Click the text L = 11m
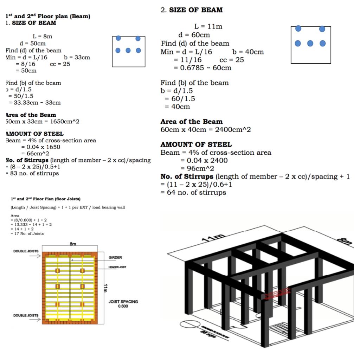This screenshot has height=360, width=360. (208, 26)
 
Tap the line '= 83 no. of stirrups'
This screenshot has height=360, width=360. (32, 173)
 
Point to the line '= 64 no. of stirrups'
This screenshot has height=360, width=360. (193, 192)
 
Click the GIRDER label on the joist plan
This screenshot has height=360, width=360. (115, 257)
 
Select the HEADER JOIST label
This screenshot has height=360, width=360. (118, 267)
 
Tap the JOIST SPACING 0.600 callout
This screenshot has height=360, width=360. (123, 304)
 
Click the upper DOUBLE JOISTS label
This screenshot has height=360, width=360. (26, 251)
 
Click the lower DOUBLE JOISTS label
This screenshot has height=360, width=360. (26, 315)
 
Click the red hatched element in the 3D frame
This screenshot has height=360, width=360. (275, 294)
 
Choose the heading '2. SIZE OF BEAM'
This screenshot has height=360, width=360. (191, 10)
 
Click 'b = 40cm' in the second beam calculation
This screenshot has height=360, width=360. (248, 52)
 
